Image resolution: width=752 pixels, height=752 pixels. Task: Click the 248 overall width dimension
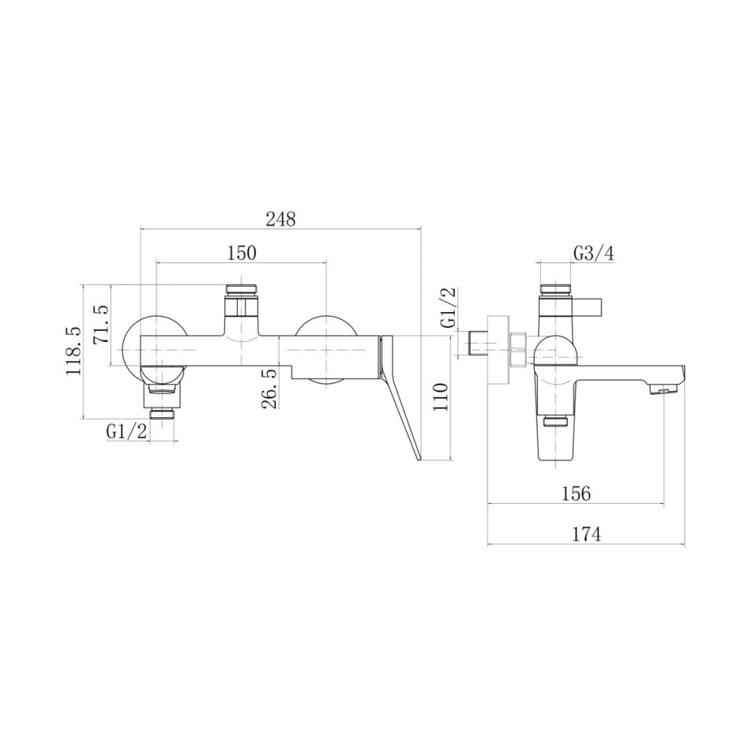(x=281, y=219)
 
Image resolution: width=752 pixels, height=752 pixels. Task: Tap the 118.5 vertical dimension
(x=74, y=350)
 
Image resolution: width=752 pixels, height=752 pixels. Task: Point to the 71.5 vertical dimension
(x=102, y=325)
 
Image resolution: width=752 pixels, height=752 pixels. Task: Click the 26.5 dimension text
(x=271, y=389)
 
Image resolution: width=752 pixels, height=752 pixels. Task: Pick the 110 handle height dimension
(x=440, y=396)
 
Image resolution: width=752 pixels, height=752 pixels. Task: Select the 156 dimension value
(x=576, y=493)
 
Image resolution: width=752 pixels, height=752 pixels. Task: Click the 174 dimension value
(x=586, y=534)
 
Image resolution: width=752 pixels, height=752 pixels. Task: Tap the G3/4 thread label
(x=594, y=253)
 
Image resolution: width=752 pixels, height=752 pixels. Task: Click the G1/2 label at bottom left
(x=126, y=432)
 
